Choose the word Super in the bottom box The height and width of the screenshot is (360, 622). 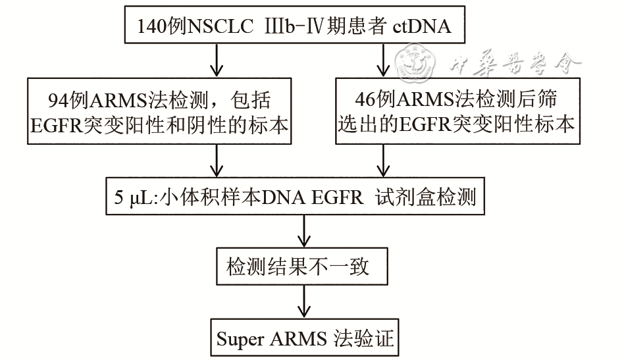(x=240, y=340)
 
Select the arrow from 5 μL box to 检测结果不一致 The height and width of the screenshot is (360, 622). (x=303, y=230)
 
